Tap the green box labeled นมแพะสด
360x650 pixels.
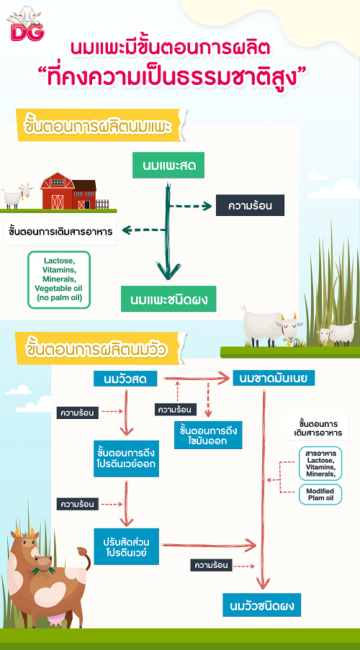(x=168, y=166)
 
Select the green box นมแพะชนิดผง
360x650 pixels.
(x=168, y=299)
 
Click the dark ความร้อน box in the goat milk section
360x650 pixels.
(x=250, y=205)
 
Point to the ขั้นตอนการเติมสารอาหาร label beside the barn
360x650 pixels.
(x=60, y=232)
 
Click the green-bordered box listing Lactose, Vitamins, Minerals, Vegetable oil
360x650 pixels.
(x=59, y=280)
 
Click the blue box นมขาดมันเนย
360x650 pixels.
(x=274, y=378)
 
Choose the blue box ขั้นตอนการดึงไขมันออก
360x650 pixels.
(x=208, y=435)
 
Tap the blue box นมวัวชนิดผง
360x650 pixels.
(x=261, y=605)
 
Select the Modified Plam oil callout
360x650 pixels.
(x=320, y=494)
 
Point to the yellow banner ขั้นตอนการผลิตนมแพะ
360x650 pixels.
(x=99, y=125)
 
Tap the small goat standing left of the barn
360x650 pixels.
(x=17, y=195)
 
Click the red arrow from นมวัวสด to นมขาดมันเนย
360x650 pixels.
(x=196, y=378)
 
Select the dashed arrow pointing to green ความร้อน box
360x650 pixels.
(x=192, y=206)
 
